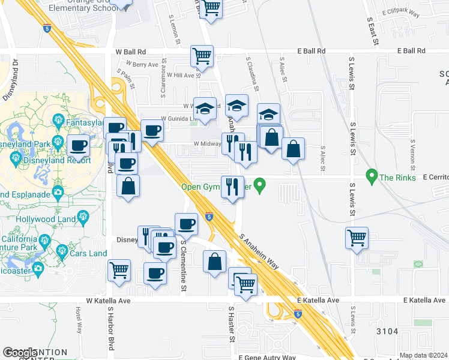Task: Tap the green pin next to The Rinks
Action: click(372, 176)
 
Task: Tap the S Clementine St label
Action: click(184, 267)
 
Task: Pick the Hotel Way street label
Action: click(79, 321)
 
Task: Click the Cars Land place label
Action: click(89, 253)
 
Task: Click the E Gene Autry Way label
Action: click(267, 358)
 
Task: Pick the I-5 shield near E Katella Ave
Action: click(298, 313)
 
